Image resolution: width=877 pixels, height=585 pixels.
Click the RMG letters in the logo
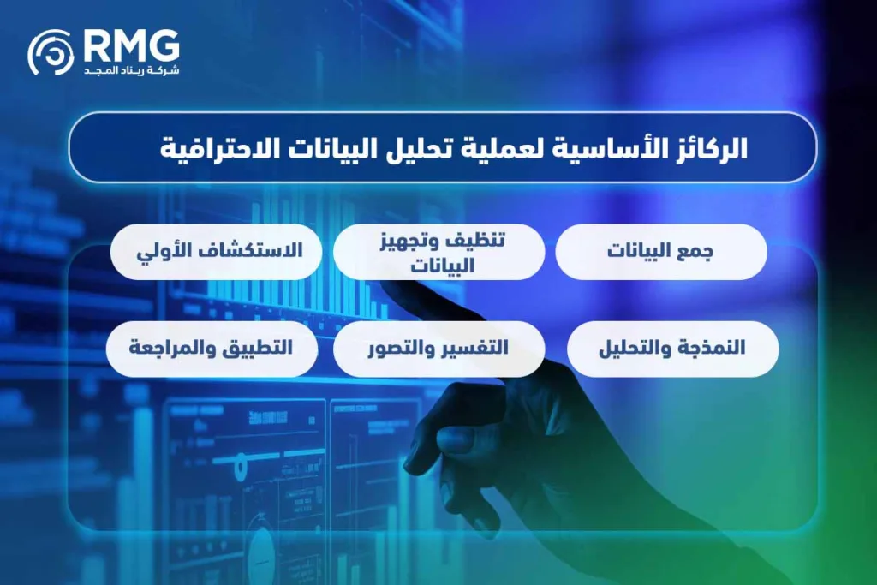(x=132, y=44)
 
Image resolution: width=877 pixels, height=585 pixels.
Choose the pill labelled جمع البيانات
(x=660, y=252)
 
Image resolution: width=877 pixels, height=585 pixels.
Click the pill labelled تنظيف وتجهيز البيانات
(x=438, y=253)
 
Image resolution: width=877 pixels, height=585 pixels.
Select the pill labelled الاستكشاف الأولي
(x=216, y=252)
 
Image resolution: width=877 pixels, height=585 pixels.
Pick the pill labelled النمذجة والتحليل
(x=672, y=349)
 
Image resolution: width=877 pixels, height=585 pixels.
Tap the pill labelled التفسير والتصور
(x=438, y=349)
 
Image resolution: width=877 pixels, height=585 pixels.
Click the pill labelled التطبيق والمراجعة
(x=211, y=349)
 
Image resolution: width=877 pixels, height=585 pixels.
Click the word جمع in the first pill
(x=698, y=252)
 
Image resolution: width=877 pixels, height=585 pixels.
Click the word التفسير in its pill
(x=475, y=349)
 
